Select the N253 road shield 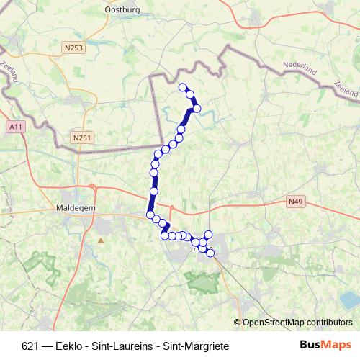pyautogui.click(x=73, y=48)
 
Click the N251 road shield pyautogui.click(x=83, y=135)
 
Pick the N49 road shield pyautogui.click(x=294, y=202)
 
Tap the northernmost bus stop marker pyautogui.click(x=182, y=87)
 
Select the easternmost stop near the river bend pyautogui.click(x=197, y=109)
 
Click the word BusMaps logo pyautogui.click(x=325, y=346)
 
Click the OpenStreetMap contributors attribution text pyautogui.click(x=297, y=322)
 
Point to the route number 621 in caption pyautogui.click(x=30, y=346)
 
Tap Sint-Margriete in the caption pyautogui.click(x=197, y=346)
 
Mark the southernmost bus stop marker pyautogui.click(x=210, y=253)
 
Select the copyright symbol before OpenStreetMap pyautogui.click(x=238, y=322)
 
